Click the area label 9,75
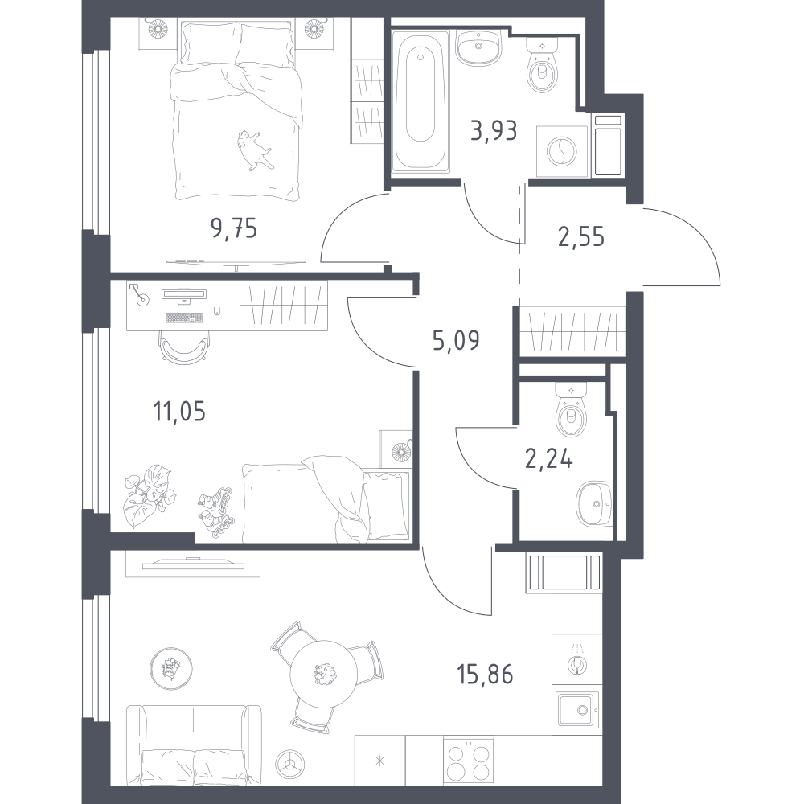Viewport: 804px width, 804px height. click(234, 228)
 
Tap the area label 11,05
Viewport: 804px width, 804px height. click(179, 411)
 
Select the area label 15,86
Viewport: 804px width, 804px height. click(485, 674)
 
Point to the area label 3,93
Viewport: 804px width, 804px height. click(494, 131)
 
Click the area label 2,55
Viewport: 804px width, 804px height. click(581, 237)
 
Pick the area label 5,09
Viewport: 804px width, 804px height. click(456, 340)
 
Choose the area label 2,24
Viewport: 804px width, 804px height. click(548, 458)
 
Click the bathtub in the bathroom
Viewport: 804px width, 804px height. click(420, 100)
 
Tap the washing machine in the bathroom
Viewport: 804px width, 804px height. click(562, 152)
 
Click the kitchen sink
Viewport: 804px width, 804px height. click(577, 710)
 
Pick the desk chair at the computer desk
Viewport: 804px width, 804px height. click(185, 347)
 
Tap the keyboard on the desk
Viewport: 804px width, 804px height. click(185, 318)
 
